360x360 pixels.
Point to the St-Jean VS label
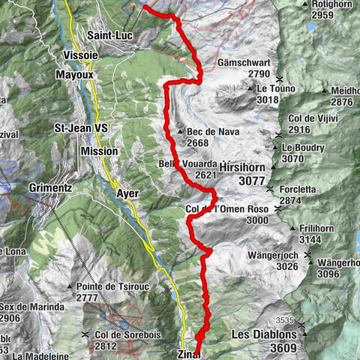pyautogui.click(x=82, y=128)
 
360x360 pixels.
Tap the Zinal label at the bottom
pyautogui.click(x=190, y=354)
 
